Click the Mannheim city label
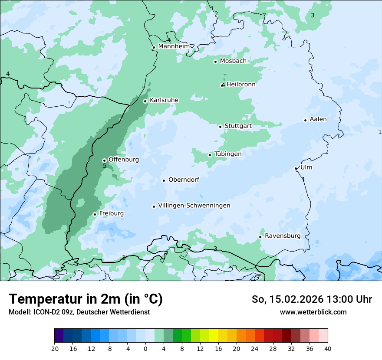click(x=174, y=46)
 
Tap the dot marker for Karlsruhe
click(x=145, y=101)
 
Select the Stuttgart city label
click(x=238, y=126)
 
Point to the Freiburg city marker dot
click(x=95, y=214)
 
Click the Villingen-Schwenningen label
click(x=194, y=206)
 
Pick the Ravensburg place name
click(x=282, y=236)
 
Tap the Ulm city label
click(x=306, y=167)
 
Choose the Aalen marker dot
click(x=305, y=120)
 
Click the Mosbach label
click(x=233, y=61)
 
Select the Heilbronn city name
click(x=241, y=85)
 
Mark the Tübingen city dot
click(x=210, y=155)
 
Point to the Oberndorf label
click(x=184, y=180)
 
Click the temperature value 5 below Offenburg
click(x=105, y=166)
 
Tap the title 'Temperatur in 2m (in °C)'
click(x=86, y=299)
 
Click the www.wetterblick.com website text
click(x=313, y=312)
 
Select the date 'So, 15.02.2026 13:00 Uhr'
click(x=312, y=299)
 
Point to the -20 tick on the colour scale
click(x=54, y=348)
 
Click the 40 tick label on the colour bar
click(x=327, y=348)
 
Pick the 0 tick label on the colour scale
click(x=145, y=348)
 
